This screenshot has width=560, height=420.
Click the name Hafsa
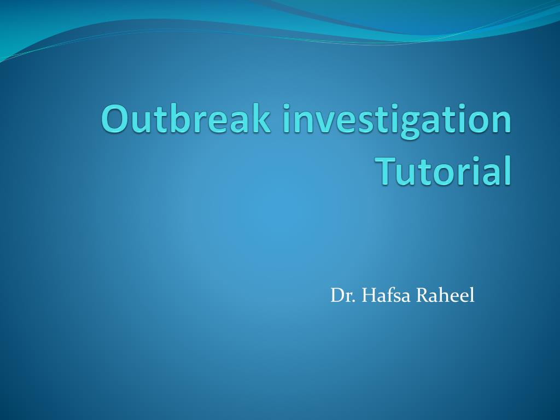(x=387, y=296)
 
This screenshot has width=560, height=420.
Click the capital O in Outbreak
(x=114, y=119)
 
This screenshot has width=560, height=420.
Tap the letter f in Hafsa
(x=389, y=295)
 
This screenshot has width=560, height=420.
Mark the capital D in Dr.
(x=335, y=296)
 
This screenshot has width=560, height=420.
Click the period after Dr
(x=355, y=301)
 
